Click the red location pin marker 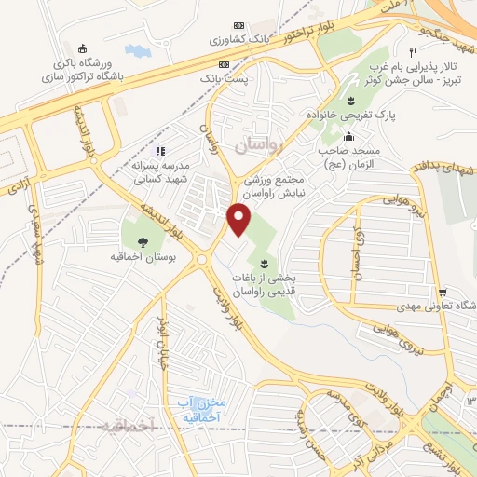coord(239,219)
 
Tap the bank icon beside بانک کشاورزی coord(238,24)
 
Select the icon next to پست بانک coord(223,64)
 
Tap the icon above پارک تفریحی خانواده coord(350,101)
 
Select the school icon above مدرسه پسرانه coord(160,150)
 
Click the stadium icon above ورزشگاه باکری coord(84,49)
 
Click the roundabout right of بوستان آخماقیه coord(201,261)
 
